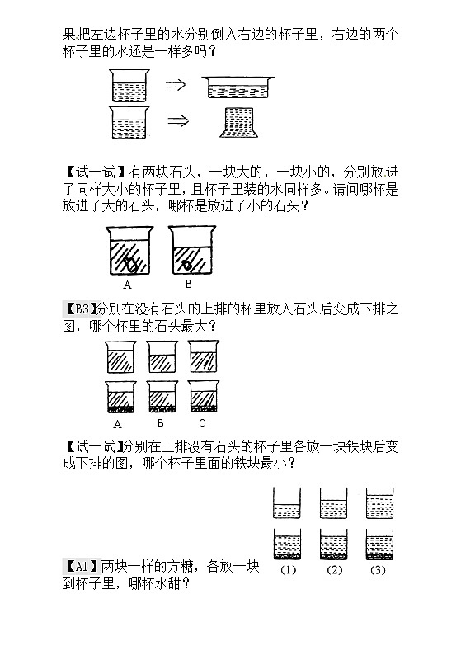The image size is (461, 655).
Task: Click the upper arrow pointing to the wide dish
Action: click(176, 84)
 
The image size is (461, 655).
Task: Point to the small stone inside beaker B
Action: click(188, 265)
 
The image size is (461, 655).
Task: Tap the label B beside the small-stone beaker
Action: click(188, 284)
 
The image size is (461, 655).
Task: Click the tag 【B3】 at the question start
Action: click(79, 309)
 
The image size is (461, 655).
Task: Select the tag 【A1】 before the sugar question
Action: click(80, 567)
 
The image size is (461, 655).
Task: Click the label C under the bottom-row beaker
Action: click(202, 424)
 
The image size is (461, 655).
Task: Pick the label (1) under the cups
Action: click(288, 569)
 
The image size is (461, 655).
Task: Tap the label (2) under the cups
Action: click(334, 569)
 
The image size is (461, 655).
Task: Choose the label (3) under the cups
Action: click(378, 569)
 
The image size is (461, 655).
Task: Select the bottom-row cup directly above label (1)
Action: click(288, 544)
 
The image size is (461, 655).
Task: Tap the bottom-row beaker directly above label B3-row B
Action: click(161, 397)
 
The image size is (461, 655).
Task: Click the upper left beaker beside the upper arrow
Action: click(128, 85)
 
